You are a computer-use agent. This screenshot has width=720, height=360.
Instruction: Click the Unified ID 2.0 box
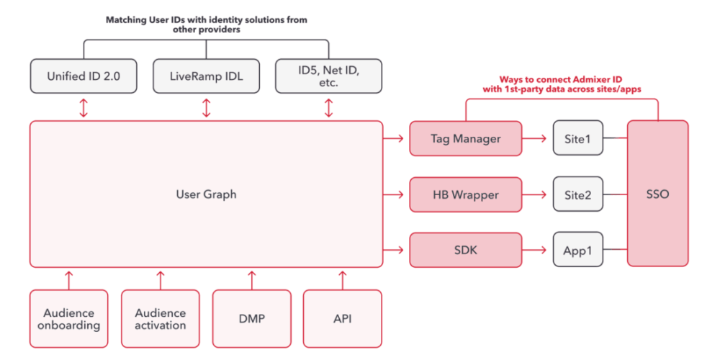coord(84,76)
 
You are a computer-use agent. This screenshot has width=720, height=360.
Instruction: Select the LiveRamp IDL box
coord(207,76)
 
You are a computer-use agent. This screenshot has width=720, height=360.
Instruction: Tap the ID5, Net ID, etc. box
coord(329,76)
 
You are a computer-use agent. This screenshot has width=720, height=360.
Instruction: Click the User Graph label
coord(206,194)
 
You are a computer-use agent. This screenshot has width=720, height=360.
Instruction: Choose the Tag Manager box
coord(465,138)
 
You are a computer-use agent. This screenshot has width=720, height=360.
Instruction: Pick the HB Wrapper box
coord(465,194)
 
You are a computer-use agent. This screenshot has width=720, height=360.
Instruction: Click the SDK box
coord(465,250)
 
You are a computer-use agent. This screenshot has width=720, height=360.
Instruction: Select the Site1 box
coord(577,138)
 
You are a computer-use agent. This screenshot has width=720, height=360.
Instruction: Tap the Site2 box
coord(577,194)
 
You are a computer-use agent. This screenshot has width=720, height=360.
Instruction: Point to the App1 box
coord(577,250)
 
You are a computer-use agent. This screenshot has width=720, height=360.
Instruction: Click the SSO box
coord(658,194)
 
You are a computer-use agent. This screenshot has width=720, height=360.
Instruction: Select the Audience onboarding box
coord(69,319)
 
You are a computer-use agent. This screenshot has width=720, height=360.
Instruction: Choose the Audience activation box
coord(161,319)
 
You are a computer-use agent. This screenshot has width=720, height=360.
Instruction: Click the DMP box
coord(252,319)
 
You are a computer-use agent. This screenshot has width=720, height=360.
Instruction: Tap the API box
coord(343,319)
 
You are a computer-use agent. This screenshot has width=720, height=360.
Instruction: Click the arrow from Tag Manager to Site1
coord(536,138)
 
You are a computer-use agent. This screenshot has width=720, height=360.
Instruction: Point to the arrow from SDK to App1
coord(536,250)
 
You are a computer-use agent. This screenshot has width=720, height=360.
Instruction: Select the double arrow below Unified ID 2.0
coord(84,107)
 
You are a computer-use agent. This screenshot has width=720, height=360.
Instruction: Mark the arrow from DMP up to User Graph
coord(252,278)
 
